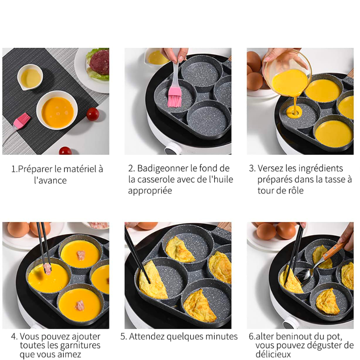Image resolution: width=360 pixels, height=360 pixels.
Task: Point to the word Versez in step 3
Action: pos(270,168)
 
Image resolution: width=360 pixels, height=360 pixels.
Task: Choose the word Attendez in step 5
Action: pos(148,337)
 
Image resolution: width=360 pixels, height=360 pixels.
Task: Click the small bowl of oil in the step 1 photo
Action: pos(30,77)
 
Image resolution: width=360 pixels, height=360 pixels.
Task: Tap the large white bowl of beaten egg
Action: pos(57,110)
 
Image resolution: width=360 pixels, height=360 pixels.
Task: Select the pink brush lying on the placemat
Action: pos(21,121)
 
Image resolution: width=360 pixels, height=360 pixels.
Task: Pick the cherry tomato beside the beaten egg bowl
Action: pos(93,114)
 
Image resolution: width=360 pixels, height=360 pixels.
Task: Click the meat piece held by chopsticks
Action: pos(47,269)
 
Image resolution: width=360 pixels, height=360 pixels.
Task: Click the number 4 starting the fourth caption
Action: pos(14,337)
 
